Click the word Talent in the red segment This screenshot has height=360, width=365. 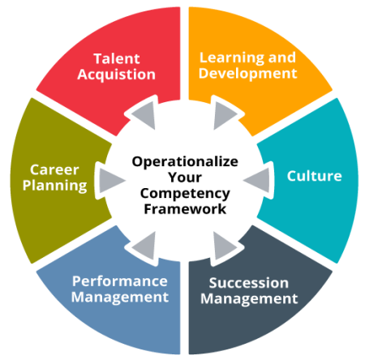tap(117, 58)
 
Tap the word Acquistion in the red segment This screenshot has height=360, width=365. tap(117, 75)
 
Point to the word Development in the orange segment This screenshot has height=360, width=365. tap(248, 73)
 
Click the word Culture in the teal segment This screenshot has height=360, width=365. tap(315, 176)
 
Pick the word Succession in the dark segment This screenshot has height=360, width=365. tap(249, 283)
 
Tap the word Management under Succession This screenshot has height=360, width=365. tap(249, 299)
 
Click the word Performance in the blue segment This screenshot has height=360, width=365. tap(120, 281)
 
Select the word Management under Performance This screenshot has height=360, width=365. tap(120, 298)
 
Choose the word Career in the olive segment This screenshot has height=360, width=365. tap(54, 170)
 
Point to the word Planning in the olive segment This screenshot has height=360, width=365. tap(55, 186)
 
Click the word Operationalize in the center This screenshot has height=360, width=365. tap(185, 162)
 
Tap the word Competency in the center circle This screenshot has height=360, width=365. tap(185, 194)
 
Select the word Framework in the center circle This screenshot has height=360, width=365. tap(185, 209)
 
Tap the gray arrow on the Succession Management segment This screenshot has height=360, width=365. tap(223, 245)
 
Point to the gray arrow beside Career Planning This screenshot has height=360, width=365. tap(110, 180)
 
